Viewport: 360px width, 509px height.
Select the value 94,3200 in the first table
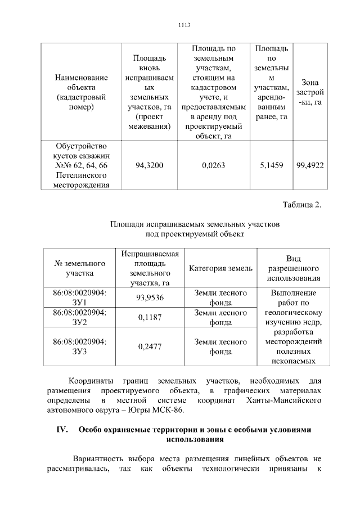150,165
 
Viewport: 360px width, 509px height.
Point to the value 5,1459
272,165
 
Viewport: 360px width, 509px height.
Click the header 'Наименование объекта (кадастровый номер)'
81,92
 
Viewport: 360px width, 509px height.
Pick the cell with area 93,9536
150,298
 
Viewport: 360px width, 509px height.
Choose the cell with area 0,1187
150,317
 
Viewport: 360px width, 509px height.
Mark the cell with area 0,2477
150,346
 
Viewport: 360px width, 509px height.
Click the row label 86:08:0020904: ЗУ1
80,298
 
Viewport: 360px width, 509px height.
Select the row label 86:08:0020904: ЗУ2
80,317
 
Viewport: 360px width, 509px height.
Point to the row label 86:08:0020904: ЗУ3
80,346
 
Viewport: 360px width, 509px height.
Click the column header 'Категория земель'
220,268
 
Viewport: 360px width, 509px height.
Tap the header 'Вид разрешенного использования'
293,268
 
